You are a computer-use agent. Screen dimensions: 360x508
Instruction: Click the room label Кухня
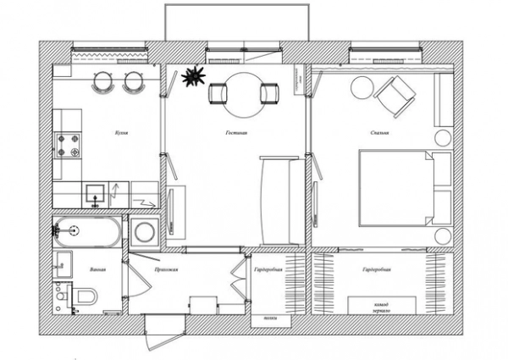point(121,133)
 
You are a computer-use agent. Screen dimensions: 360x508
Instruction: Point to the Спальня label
point(378,133)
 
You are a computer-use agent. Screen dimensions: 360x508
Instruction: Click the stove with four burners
point(68,145)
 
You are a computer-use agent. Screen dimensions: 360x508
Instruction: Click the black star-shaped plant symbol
point(193,75)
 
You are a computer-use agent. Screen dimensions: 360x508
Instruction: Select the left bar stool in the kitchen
point(102,81)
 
